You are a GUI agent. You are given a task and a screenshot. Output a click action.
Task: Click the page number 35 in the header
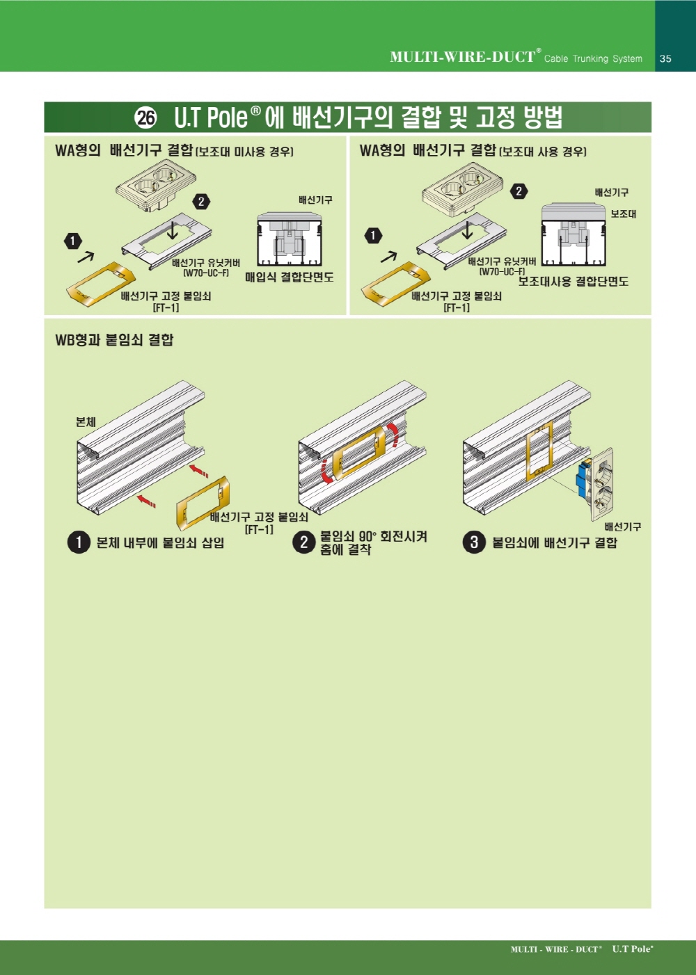665,58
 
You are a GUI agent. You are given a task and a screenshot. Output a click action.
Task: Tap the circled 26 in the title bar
146,118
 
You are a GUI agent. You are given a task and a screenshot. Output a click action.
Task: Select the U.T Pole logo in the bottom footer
633,949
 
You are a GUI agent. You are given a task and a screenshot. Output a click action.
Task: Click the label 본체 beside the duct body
86,421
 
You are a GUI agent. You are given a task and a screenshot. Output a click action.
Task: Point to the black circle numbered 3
474,542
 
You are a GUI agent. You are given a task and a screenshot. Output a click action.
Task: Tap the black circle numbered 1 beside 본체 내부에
79,542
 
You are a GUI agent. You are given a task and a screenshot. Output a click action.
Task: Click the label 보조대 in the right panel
623,213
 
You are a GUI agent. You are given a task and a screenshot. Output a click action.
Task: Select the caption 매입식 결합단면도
290,277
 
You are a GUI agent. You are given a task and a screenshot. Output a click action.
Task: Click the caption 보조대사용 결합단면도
574,281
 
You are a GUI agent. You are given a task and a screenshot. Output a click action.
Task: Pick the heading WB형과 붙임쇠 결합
114,339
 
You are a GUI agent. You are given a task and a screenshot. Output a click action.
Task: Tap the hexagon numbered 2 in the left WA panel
200,202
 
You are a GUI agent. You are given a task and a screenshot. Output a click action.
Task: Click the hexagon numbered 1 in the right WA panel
372,236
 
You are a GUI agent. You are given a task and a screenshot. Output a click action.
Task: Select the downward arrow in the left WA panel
173,231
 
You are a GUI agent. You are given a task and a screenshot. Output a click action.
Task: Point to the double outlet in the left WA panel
155,186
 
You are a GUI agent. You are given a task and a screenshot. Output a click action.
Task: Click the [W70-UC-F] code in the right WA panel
503,272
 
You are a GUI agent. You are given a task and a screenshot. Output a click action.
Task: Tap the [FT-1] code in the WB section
259,529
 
